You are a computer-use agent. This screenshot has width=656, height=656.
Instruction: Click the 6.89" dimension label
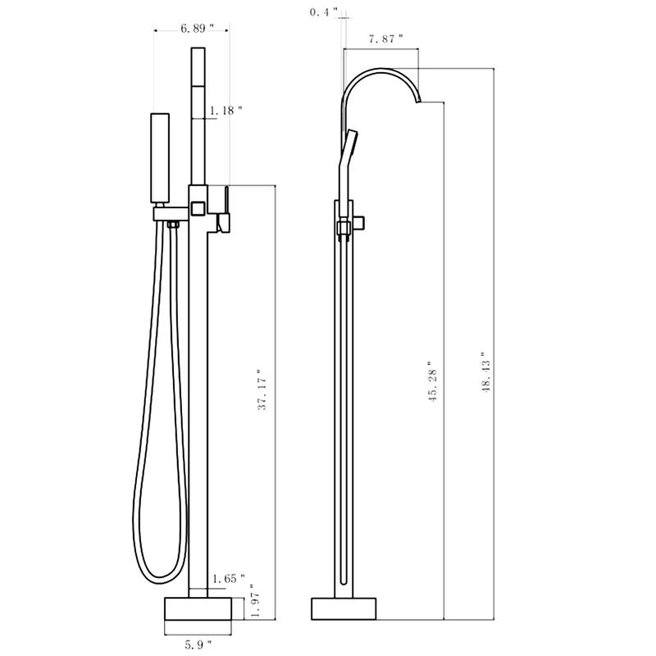[x=197, y=28]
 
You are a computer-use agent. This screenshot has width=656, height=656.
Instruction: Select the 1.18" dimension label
[x=226, y=110]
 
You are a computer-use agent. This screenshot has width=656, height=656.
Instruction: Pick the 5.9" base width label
[x=197, y=645]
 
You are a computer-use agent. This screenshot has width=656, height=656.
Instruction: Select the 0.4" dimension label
[x=322, y=11]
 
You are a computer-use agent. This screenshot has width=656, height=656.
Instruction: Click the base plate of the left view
[x=198, y=608]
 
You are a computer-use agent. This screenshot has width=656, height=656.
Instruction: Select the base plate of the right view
[x=344, y=608]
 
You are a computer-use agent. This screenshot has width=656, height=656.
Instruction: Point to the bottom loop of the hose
[x=152, y=566]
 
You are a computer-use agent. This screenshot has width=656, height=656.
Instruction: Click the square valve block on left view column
[x=197, y=205]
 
